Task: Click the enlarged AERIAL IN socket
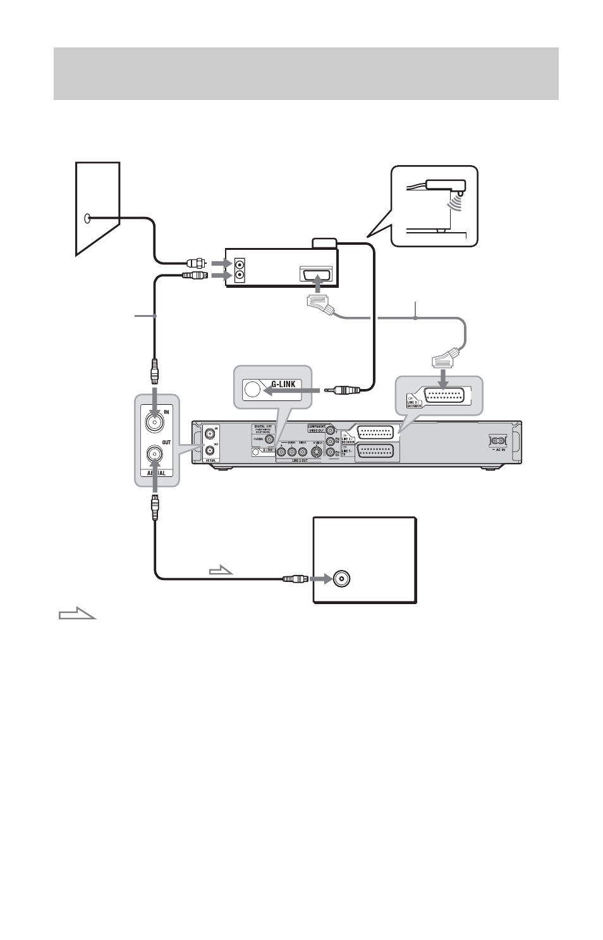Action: click(x=154, y=420)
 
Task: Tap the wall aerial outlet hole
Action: click(x=88, y=219)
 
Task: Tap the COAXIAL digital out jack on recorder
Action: click(x=269, y=438)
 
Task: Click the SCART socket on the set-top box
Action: click(x=317, y=276)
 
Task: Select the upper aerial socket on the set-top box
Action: click(x=240, y=264)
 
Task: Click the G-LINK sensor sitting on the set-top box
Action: click(x=326, y=243)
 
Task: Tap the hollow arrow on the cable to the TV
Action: click(x=221, y=571)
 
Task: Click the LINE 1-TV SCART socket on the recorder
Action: click(x=377, y=451)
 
